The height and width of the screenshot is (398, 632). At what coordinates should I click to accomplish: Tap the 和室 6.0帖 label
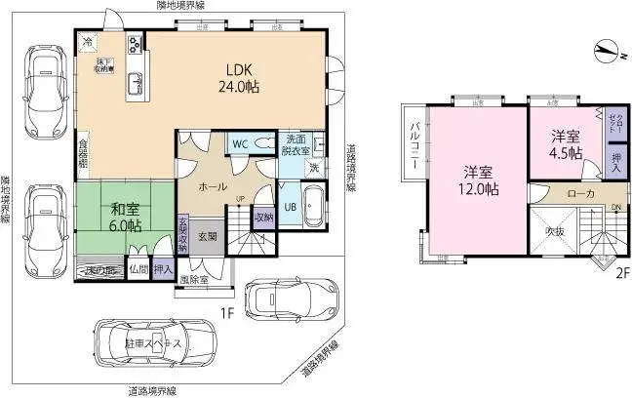tap(124, 216)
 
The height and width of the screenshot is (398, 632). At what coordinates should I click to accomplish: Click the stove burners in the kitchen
tap(134, 44)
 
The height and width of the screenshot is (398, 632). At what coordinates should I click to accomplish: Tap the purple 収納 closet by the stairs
tap(263, 217)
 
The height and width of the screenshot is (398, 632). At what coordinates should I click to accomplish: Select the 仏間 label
tap(139, 268)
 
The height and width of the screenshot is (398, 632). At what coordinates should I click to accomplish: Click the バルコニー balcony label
tap(414, 143)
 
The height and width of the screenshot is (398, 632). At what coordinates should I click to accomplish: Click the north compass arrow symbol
tap(609, 49)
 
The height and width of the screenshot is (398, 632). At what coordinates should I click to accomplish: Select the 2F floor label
tap(618, 274)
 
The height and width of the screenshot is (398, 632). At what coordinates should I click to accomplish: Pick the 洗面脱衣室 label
tap(297, 143)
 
